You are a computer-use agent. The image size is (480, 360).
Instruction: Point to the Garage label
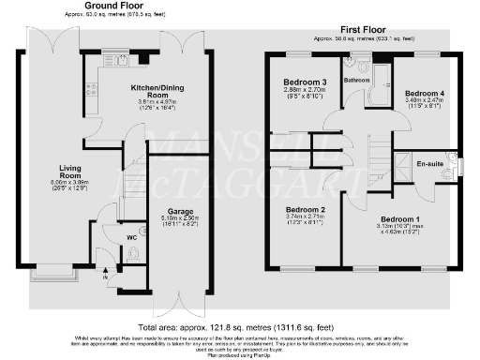tap(180, 213)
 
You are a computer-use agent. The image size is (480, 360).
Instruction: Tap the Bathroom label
tap(356, 81)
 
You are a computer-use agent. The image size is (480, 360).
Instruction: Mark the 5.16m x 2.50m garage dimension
tap(180, 220)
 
